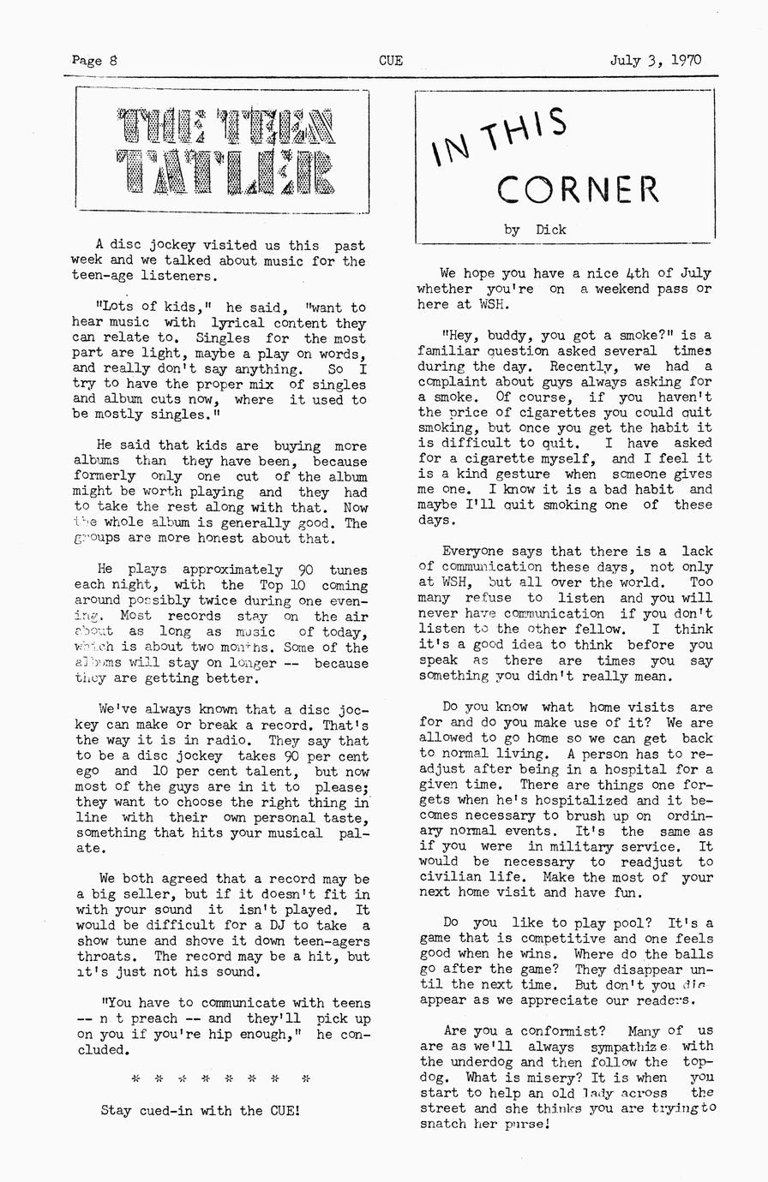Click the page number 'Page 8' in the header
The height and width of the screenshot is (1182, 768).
point(95,61)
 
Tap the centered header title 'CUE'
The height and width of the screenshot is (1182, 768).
point(391,61)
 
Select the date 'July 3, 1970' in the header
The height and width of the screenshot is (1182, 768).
point(655,61)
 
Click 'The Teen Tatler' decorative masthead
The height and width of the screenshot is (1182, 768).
point(224,152)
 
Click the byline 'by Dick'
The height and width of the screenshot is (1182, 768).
point(535,230)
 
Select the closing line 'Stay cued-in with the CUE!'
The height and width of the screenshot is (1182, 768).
point(201,1111)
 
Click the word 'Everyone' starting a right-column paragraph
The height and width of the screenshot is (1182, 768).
point(473,552)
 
